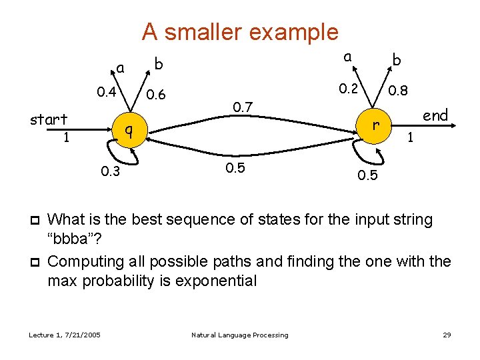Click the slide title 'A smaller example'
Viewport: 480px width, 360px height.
click(240, 31)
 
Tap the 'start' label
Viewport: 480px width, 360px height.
click(49, 120)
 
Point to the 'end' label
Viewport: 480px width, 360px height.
click(435, 115)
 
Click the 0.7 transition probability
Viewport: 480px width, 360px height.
click(243, 107)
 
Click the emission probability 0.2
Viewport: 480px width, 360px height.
click(347, 88)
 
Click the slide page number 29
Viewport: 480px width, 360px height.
click(447, 335)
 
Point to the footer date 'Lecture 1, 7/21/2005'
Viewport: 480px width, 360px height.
click(65, 335)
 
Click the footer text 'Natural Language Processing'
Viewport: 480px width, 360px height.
click(239, 335)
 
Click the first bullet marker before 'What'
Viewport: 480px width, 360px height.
click(34, 219)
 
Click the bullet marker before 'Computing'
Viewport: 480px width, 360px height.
click(34, 262)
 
